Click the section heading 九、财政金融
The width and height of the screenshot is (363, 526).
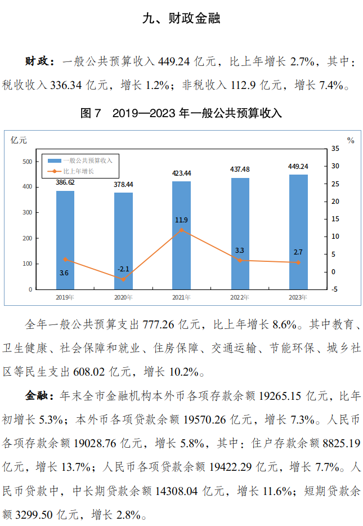click(x=181, y=19)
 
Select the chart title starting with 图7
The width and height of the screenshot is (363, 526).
click(x=181, y=113)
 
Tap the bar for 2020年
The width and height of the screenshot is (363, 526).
click(x=123, y=241)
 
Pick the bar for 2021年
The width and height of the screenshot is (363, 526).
click(x=181, y=235)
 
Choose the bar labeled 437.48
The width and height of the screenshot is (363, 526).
click(x=240, y=234)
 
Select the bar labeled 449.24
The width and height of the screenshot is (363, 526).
click(x=298, y=232)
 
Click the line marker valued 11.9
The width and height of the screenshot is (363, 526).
click(x=181, y=230)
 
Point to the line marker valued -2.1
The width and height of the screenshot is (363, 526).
click(x=123, y=279)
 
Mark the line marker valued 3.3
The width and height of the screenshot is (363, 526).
click(x=240, y=260)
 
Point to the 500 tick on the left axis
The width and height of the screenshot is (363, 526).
click(x=26, y=162)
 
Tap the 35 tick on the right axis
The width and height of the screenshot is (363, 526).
click(x=335, y=149)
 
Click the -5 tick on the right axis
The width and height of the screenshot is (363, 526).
click(x=335, y=289)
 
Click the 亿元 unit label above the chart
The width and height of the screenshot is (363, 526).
click(x=19, y=140)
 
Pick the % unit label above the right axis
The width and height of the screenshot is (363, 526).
click(x=351, y=140)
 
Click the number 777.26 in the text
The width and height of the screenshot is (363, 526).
click(x=160, y=325)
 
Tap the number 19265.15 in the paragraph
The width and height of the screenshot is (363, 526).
click(x=280, y=396)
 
